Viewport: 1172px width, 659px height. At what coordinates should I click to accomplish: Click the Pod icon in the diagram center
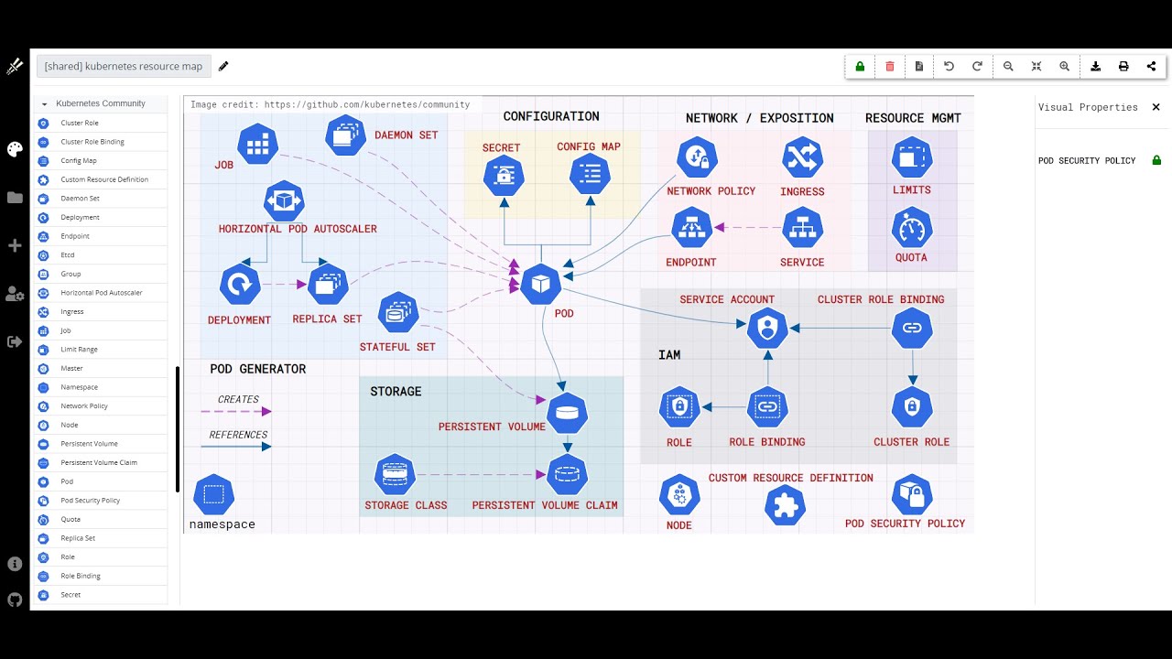coord(540,285)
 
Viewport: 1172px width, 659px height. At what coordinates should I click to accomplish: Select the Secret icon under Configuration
coord(504,176)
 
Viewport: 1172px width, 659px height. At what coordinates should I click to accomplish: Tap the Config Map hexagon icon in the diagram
coord(590,175)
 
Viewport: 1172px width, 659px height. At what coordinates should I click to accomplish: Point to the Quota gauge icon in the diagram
coord(911,228)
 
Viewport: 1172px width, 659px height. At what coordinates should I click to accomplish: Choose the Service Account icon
coord(767,328)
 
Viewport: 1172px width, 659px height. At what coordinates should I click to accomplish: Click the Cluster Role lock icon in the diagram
coord(911,407)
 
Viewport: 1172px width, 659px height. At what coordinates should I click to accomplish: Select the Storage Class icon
coord(396,474)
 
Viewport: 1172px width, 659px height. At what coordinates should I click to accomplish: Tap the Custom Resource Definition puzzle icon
coord(785,505)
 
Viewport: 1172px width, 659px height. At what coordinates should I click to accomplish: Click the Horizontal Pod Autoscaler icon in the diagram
coord(284,200)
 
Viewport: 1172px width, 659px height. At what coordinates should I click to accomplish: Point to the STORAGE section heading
coord(396,392)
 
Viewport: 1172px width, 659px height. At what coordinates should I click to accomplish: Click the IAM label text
coord(669,355)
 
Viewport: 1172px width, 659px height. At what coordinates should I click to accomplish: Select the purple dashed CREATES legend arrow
coord(236,412)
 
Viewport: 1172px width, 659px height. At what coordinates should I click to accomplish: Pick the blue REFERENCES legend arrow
coord(236,447)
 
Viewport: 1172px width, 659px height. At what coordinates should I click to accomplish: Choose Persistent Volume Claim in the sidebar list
coord(99,462)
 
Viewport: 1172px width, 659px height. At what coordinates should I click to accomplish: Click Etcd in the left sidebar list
coord(68,255)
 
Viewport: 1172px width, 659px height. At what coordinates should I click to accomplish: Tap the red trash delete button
coord(890,66)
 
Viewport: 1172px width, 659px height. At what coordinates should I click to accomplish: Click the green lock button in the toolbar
coord(860,66)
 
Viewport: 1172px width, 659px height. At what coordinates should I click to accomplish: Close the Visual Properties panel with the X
coord(1156,107)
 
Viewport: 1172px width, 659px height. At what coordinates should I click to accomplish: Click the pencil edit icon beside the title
coord(223,66)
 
